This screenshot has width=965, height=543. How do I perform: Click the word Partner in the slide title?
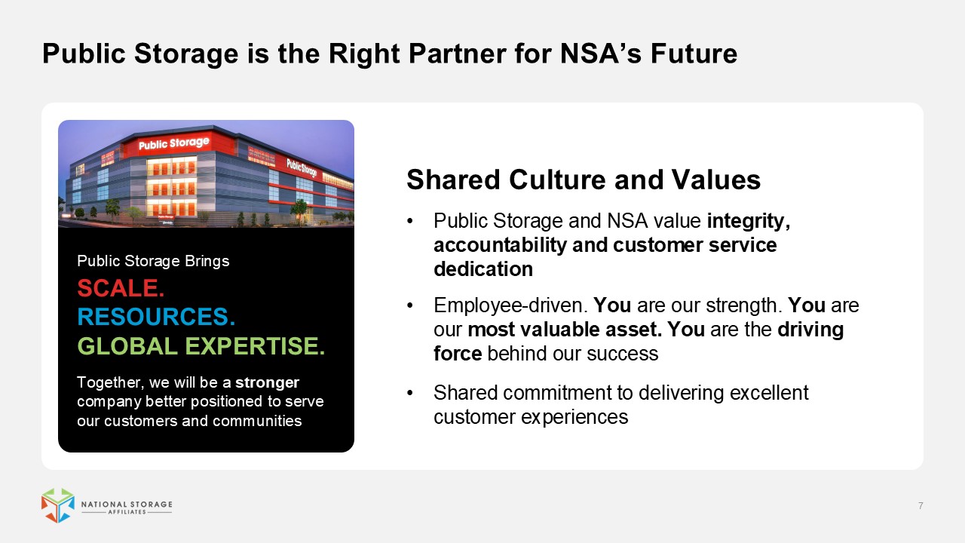(457, 54)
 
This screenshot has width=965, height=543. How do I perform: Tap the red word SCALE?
(121, 288)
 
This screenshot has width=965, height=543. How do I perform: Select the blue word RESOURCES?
(156, 317)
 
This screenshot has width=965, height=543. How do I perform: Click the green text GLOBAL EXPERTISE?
(201, 346)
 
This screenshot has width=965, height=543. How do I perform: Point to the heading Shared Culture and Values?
(584, 179)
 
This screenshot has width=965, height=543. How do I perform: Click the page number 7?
(921, 505)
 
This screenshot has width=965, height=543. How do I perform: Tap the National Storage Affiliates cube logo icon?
(58, 505)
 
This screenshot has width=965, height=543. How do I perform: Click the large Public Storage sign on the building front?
(173, 143)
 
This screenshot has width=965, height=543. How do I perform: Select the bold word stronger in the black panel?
(267, 382)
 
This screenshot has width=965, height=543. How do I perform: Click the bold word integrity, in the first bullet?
(749, 221)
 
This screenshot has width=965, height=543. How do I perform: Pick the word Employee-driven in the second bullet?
(510, 305)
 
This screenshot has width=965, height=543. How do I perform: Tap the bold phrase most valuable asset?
(565, 330)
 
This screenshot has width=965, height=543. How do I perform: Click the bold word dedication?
(483, 269)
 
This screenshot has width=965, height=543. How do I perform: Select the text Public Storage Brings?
(153, 261)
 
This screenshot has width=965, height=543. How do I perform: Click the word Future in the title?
(694, 54)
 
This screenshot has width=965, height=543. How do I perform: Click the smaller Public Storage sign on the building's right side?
(302, 167)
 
